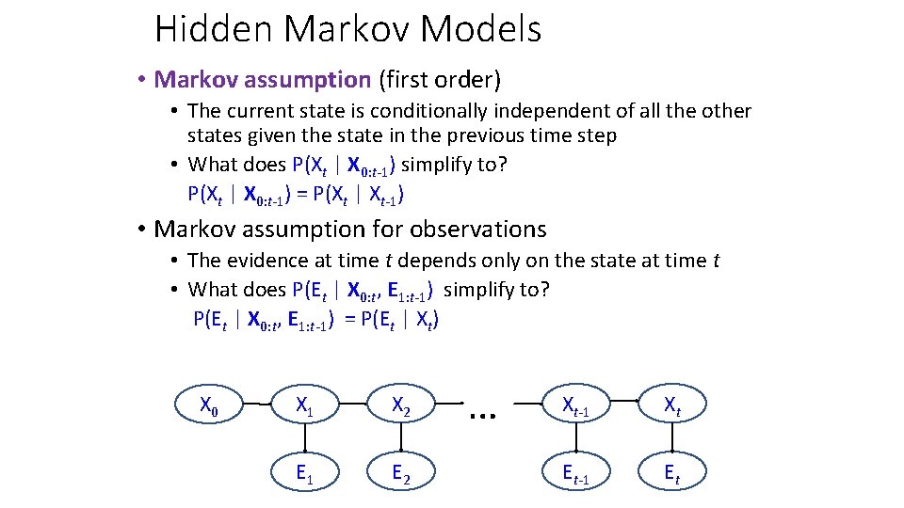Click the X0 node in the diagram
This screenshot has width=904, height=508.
(210, 405)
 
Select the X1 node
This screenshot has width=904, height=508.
(305, 405)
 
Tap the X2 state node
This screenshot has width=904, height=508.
(401, 405)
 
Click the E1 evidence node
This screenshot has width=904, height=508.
(305, 474)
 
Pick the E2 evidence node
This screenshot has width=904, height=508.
(401, 474)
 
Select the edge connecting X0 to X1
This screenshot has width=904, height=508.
(257, 405)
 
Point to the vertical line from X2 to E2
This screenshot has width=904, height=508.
(401, 439)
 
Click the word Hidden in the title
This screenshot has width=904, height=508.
(216, 29)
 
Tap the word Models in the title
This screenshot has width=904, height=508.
(481, 29)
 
